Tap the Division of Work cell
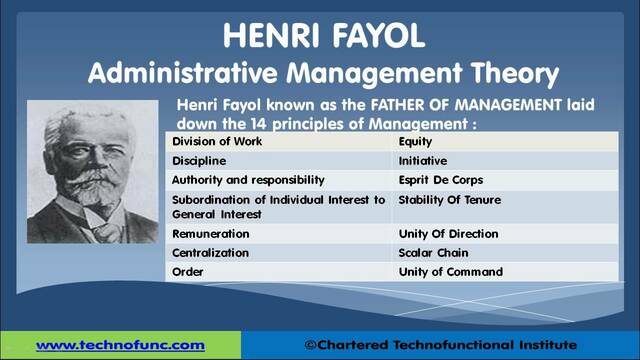pos(217,142)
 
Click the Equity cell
pos(415,142)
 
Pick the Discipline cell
pos(199,161)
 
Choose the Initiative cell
pos(422,161)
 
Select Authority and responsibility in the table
pos(248,180)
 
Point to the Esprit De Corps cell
pos(440,180)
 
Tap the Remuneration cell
pos(211,233)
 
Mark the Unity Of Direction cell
pos(447,233)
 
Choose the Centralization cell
pos(211,253)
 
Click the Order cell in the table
pos(189,272)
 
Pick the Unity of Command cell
pos(449,272)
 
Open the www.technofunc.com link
pos(120,345)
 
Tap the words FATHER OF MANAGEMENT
pos(388,103)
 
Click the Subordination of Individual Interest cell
pos(278,206)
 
